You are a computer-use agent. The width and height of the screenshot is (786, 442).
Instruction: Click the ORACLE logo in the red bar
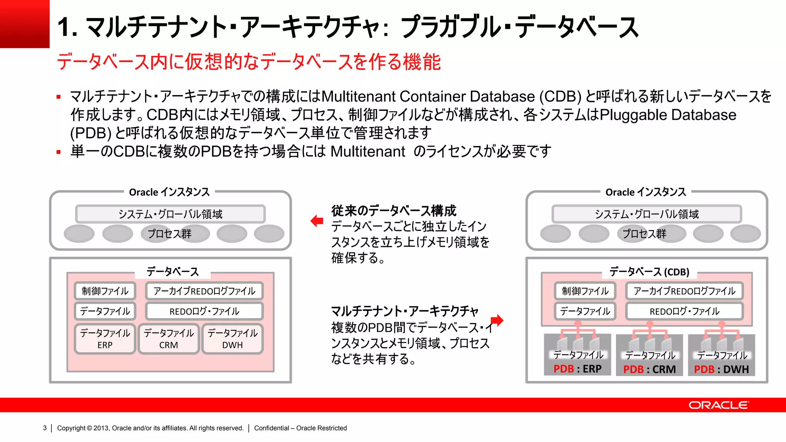[x=718, y=405]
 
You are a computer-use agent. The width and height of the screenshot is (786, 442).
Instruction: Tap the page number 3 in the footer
[x=45, y=428]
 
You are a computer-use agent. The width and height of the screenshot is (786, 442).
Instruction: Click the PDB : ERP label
[x=577, y=369]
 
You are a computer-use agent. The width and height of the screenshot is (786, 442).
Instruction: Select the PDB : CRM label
[x=649, y=369]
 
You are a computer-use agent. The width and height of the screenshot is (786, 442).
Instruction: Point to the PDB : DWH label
[x=721, y=369]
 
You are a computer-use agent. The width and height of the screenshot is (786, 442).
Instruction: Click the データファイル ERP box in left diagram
[x=105, y=339]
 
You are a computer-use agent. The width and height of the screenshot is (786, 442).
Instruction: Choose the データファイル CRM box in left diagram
[x=168, y=339]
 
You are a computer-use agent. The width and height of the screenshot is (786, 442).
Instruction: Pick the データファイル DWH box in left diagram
[x=232, y=339]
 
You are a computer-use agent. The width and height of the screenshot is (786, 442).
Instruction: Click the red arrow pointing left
[x=317, y=221]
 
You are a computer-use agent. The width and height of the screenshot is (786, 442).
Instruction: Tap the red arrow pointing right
[x=497, y=320]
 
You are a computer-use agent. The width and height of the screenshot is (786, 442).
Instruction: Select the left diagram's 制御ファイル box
[x=105, y=291]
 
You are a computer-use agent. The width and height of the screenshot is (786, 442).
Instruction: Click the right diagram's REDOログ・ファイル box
[x=684, y=311]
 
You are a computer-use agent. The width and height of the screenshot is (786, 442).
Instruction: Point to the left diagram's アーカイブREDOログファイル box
[x=204, y=291]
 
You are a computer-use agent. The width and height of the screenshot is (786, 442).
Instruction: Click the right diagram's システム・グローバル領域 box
[x=647, y=214]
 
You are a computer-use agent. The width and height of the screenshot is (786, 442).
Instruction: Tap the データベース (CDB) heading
[x=649, y=272]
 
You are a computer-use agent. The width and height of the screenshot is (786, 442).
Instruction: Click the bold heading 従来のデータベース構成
[x=394, y=211]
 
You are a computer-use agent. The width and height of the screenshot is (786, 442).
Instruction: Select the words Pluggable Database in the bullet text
[x=668, y=115]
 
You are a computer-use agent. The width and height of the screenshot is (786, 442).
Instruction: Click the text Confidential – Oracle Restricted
[x=301, y=428]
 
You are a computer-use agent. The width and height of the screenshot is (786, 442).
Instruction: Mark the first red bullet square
[x=59, y=97]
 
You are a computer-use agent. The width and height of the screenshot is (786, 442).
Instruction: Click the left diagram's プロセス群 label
[x=169, y=234]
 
